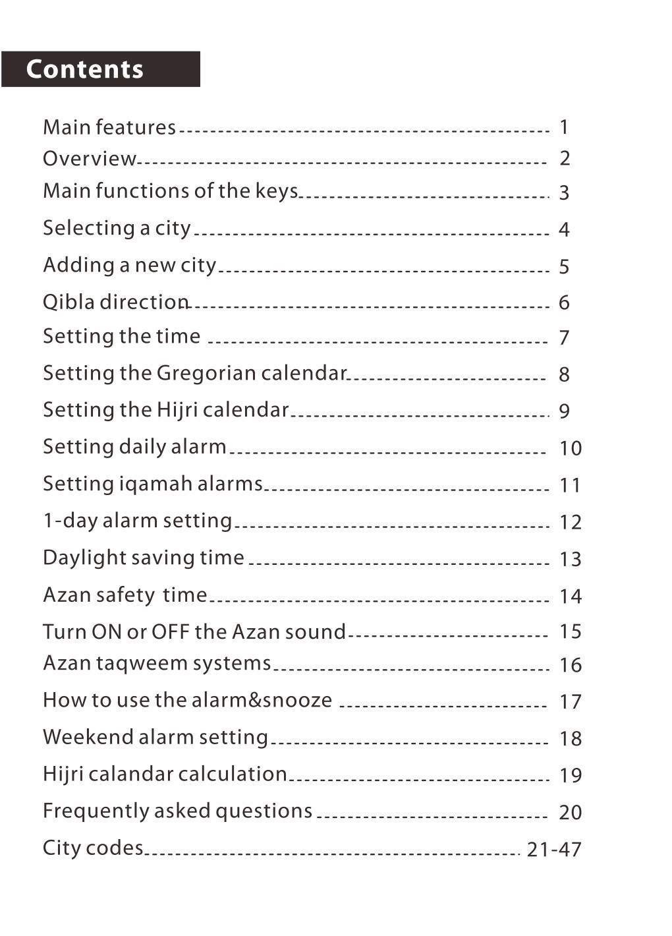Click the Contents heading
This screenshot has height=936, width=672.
85,69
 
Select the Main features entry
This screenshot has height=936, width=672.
109,127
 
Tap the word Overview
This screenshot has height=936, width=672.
90,159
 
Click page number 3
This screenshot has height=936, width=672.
564,193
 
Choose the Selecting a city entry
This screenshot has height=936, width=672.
117,228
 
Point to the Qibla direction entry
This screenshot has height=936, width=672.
116,302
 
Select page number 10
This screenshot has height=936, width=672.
571,449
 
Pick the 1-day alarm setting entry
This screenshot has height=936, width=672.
137,521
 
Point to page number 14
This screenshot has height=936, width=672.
571,597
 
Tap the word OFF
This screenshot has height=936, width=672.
170,631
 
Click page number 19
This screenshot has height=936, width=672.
571,775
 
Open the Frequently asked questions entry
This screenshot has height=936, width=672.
177,811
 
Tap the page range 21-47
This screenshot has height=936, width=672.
554,850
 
